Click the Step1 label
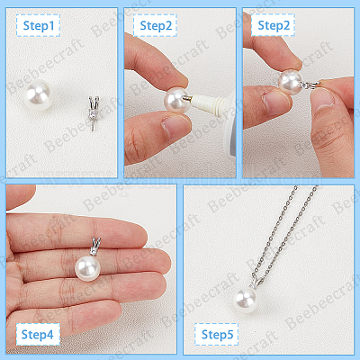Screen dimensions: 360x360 pyautogui.click(x=39, y=26)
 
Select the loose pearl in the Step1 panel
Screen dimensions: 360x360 pyautogui.click(x=39, y=94)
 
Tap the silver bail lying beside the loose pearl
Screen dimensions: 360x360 pyautogui.click(x=94, y=113)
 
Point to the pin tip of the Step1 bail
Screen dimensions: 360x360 pyautogui.click(x=92, y=131)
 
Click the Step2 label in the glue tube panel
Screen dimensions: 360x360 pyautogui.click(x=156, y=26)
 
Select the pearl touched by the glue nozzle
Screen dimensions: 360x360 pyautogui.click(x=176, y=100)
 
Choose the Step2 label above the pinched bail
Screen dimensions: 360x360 pyautogui.click(x=273, y=26)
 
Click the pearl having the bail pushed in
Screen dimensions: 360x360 pyautogui.click(x=290, y=82)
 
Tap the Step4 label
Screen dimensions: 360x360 pyautogui.click(x=38, y=334)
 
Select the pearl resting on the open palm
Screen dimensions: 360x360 pyautogui.click(x=87, y=268)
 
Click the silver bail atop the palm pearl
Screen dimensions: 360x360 pyautogui.click(x=94, y=247)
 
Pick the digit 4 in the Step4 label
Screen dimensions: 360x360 pyautogui.click(x=49, y=334)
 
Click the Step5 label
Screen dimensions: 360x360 pyautogui.click(x=217, y=334)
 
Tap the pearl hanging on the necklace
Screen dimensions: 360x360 pyautogui.click(x=246, y=299)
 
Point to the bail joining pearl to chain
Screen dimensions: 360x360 pyautogui.click(x=256, y=282)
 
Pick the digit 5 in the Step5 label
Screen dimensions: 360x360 pyautogui.click(x=229, y=334)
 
